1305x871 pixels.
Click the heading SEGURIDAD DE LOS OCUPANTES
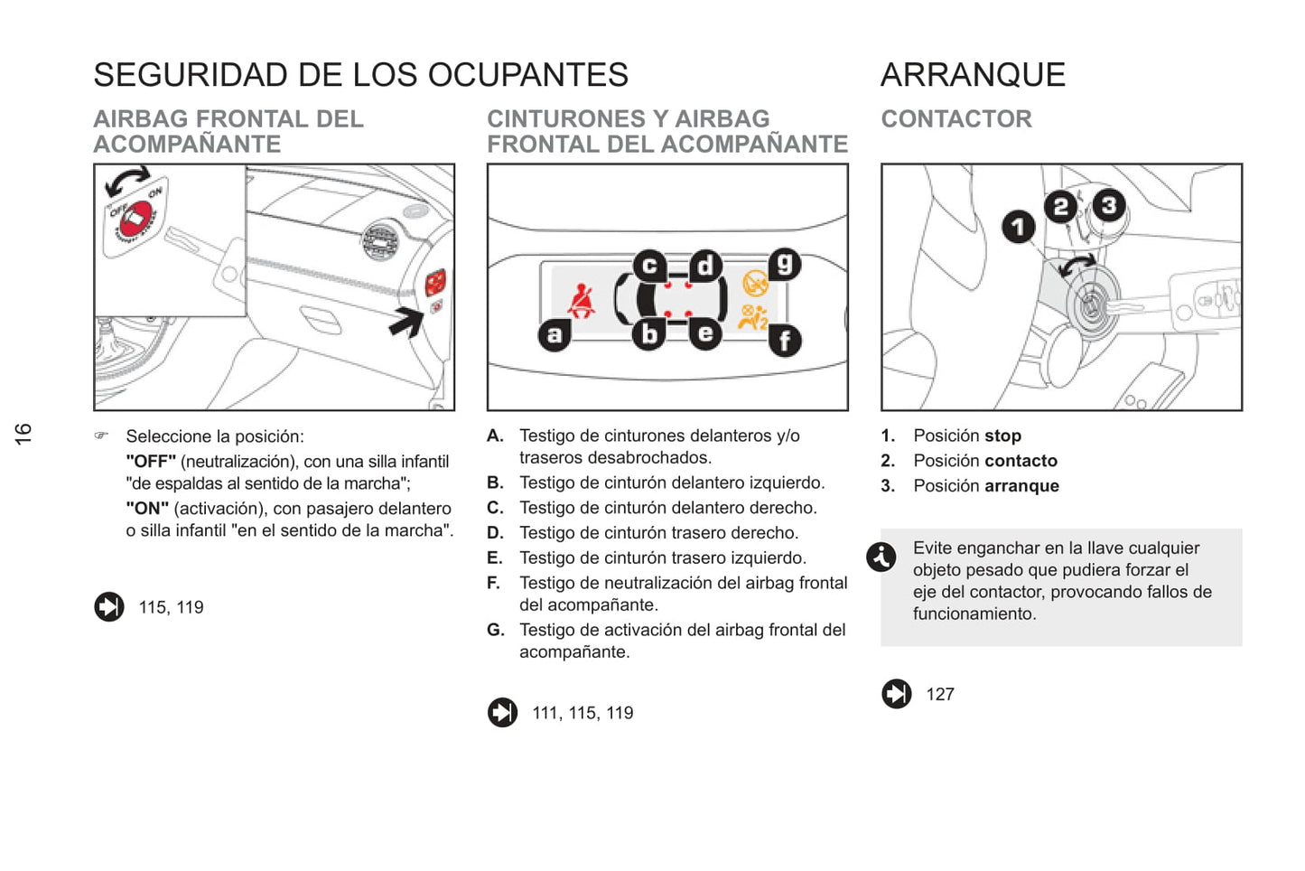[360, 75]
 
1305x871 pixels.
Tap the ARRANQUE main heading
[973, 75]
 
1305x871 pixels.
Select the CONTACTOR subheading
[955, 119]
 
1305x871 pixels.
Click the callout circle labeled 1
[1018, 226]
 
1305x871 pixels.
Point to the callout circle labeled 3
[1109, 205]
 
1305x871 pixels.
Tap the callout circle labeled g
[785, 264]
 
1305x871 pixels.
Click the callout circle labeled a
[554, 335]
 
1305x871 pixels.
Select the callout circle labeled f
[785, 341]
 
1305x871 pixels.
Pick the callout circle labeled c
[648, 266]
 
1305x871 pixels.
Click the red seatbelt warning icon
[582, 302]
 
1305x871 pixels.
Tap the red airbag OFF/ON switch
[135, 219]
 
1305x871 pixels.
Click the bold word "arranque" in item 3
[1021, 486]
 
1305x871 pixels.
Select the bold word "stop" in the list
[1002, 435]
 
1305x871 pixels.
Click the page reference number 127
[940, 694]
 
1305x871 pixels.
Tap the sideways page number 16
[23, 433]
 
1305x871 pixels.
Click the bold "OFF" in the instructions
[151, 462]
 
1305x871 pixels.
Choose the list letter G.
[495, 630]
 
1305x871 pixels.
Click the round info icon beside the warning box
[881, 557]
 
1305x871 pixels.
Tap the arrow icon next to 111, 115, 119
[503, 712]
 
